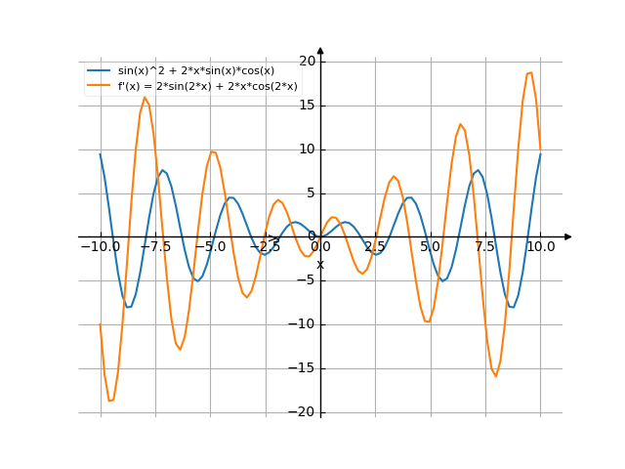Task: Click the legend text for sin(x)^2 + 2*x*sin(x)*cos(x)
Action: (195, 70)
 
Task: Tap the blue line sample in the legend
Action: (99, 70)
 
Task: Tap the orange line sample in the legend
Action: (99, 86)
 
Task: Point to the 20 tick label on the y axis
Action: (308, 61)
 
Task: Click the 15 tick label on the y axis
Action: (308, 105)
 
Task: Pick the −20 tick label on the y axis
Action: (305, 412)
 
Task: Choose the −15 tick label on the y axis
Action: (305, 368)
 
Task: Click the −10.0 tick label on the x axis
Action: (100, 247)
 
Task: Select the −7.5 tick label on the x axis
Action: (154, 247)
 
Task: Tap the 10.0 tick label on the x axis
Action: (540, 247)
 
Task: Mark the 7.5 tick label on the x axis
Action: (485, 247)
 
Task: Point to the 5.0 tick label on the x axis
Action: (430, 247)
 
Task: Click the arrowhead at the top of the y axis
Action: (320, 51)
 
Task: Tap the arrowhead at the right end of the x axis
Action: (567, 236)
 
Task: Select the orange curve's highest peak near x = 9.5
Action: (529, 72)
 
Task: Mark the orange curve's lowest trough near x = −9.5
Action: (110, 401)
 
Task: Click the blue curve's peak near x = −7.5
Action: (163, 171)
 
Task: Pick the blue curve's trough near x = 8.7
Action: (512, 307)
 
